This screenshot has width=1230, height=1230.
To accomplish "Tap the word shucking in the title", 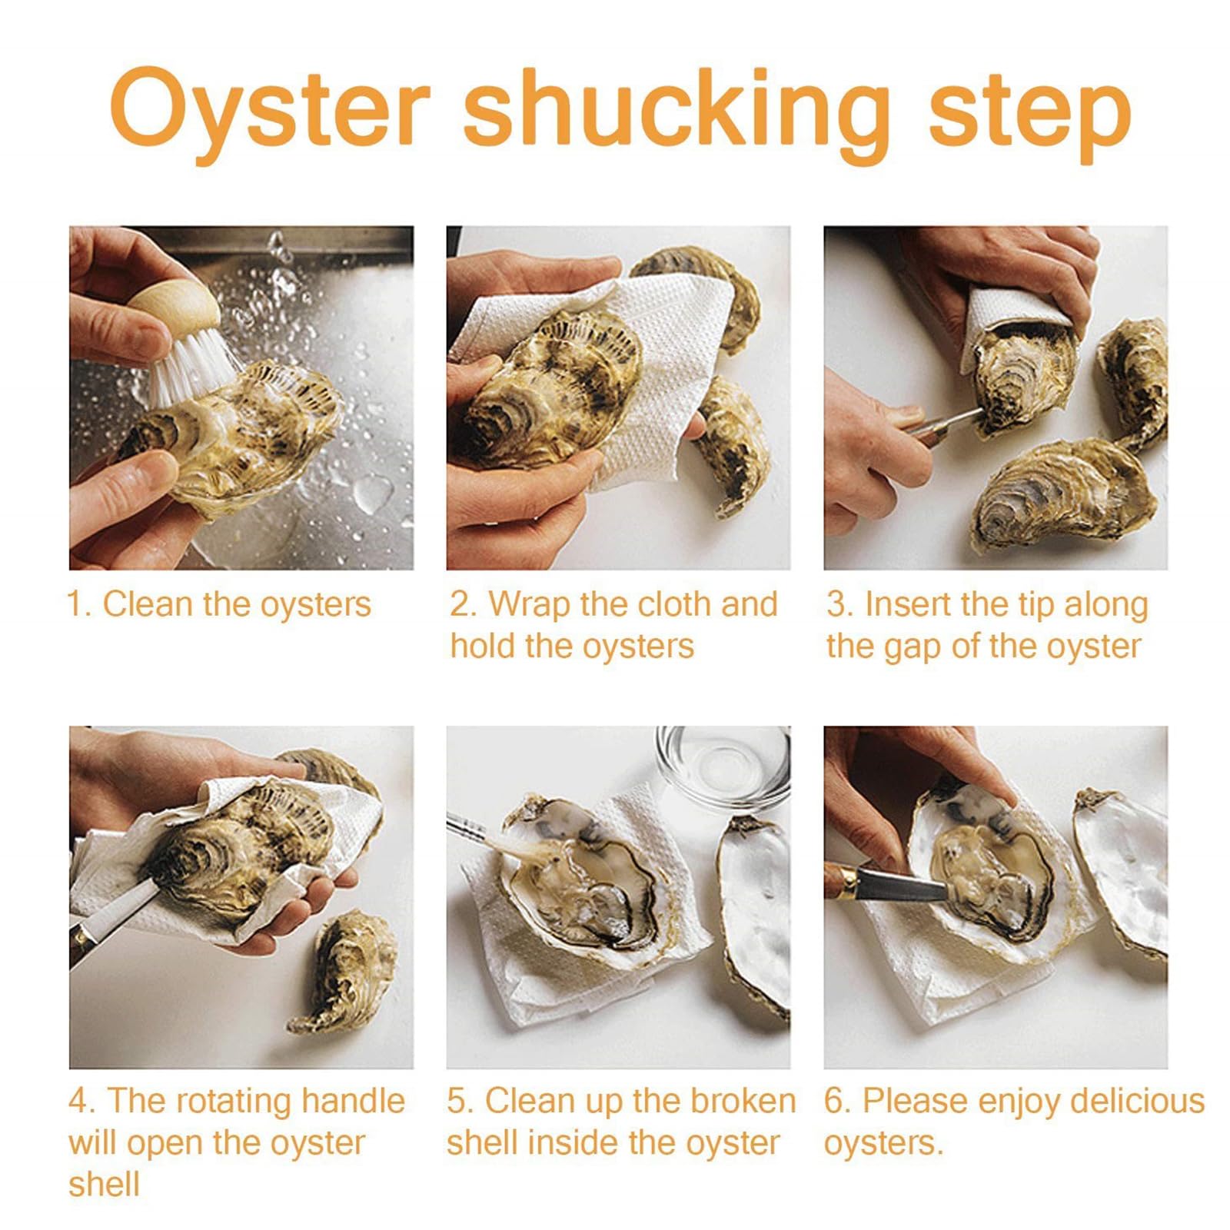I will tap(676, 111).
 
